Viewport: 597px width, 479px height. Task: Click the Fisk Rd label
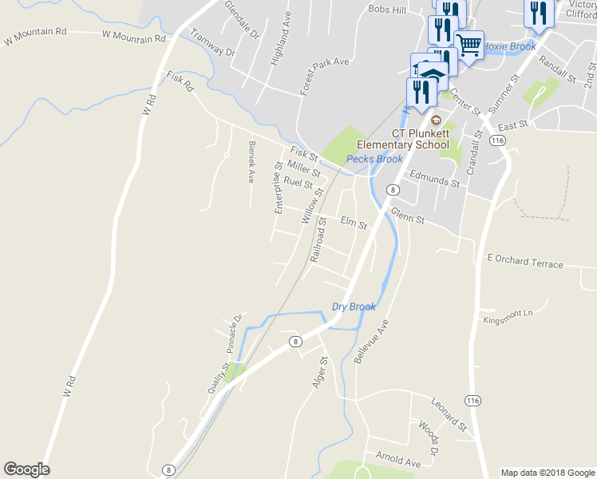pos(180,81)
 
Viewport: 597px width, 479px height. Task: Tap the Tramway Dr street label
pos(213,43)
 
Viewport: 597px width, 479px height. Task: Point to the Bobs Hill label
pos(387,10)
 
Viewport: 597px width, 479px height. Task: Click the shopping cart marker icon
pos(469,44)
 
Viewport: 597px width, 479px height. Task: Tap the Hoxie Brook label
pos(510,46)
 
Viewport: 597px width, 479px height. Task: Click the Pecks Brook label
pos(374,159)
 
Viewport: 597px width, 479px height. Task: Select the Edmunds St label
pos(435,178)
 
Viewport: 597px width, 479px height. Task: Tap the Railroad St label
pos(319,239)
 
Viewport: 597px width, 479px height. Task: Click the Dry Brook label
pos(354,307)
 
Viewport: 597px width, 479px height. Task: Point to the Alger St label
pos(321,373)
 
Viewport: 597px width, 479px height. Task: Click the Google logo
pos(26,469)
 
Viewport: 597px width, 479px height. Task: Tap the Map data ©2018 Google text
pos(547,473)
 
